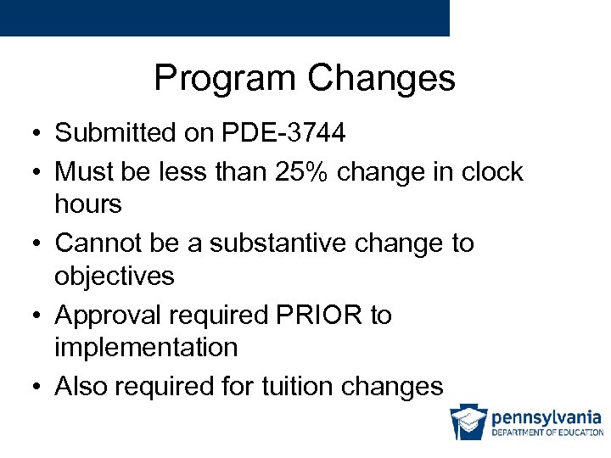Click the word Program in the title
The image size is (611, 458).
tap(226, 79)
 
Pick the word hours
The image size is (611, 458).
tap(88, 204)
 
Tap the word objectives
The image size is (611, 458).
tap(115, 276)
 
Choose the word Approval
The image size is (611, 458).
tap(109, 316)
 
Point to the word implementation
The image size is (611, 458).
tap(146, 348)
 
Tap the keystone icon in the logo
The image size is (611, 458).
tap(468, 422)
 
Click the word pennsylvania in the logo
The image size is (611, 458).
tap(547, 417)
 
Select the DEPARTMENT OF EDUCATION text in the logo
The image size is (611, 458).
tap(547, 433)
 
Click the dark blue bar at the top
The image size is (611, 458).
tap(224, 17)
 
